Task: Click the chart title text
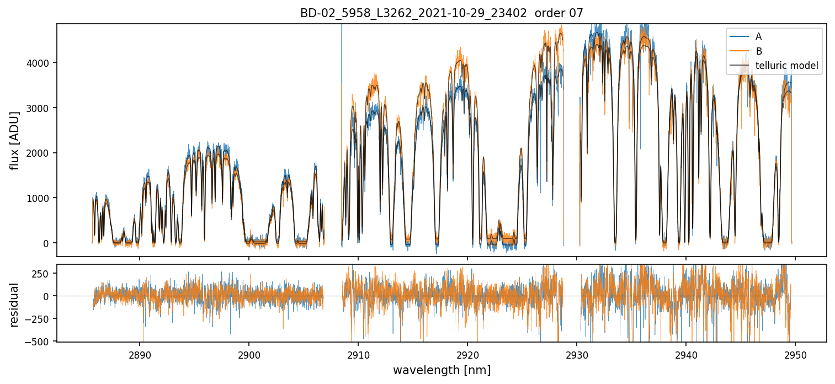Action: pyautogui.click(x=442, y=13)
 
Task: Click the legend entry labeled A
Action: pyautogui.click(x=758, y=36)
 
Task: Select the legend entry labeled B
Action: pyautogui.click(x=758, y=51)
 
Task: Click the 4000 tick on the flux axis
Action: pyautogui.click(x=41, y=63)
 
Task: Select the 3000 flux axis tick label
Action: pyautogui.click(x=41, y=108)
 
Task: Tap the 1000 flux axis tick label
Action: pyautogui.click(x=41, y=198)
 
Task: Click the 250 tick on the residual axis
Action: pyautogui.click(x=45, y=274)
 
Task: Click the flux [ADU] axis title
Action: pyautogui.click(x=15, y=140)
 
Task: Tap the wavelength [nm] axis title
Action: pyautogui.click(x=442, y=370)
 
